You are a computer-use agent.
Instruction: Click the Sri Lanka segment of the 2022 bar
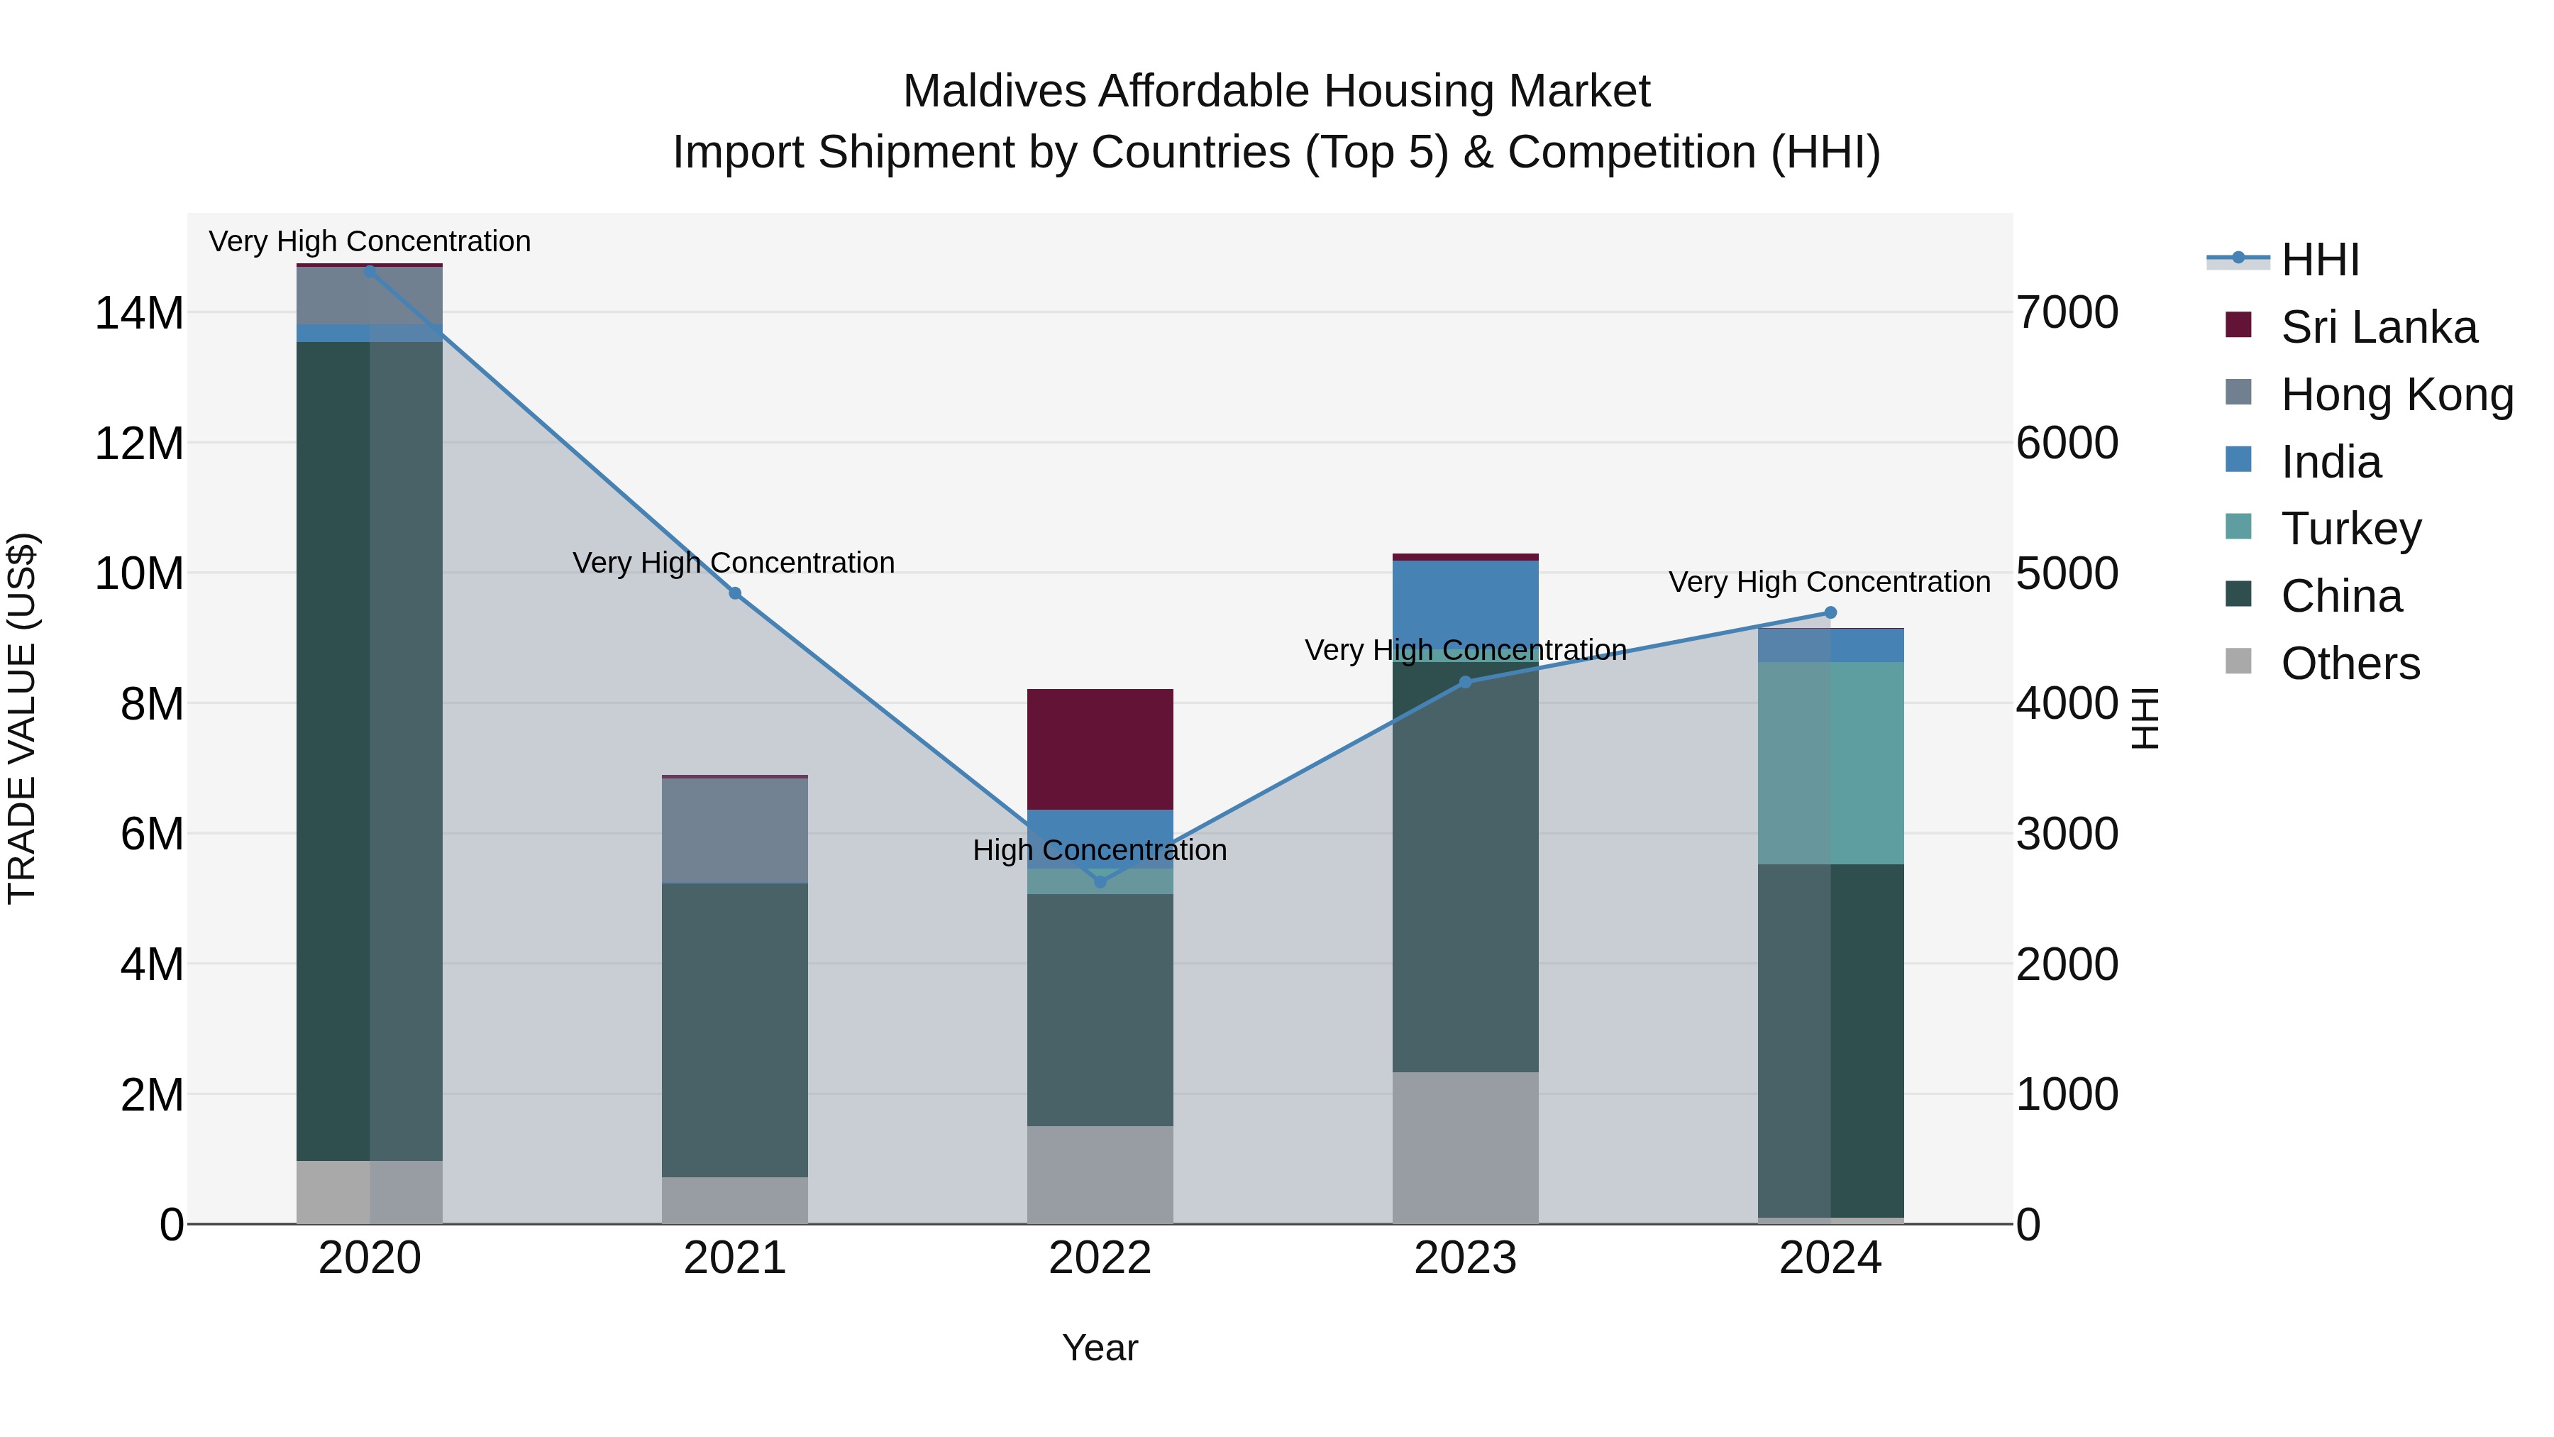pos(1100,749)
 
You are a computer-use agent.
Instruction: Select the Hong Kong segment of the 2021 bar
pos(735,830)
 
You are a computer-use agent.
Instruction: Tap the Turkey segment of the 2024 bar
pos(1830,763)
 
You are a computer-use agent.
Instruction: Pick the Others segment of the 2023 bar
pos(1466,1147)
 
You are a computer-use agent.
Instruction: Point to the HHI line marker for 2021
pos(735,593)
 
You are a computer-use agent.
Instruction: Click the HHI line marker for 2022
pos(1100,881)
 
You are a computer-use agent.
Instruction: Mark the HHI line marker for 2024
pos(1830,613)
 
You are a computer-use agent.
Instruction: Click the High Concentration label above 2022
pos(1100,851)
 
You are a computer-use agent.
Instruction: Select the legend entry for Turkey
pos(2351,529)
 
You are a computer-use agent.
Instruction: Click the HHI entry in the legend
pos(2320,260)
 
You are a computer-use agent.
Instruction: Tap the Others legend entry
pos(2350,664)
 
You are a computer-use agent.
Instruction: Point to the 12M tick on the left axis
pos(139,444)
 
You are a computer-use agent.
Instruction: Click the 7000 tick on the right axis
pos(2067,312)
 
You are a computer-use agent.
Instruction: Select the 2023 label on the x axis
pos(1466,1258)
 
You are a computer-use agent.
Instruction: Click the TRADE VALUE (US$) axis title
pos(22,718)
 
